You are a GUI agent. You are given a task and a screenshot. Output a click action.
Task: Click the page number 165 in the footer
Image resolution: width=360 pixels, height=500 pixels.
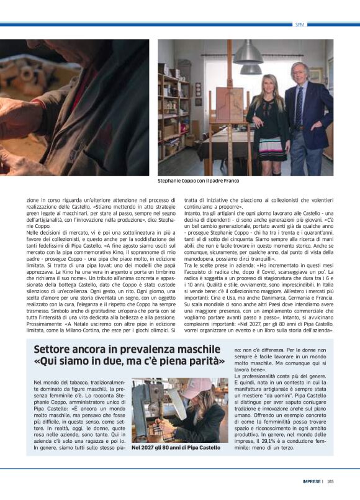coord(330,481)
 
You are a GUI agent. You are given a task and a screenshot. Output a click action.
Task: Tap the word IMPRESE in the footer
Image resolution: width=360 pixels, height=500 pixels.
coord(312,481)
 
